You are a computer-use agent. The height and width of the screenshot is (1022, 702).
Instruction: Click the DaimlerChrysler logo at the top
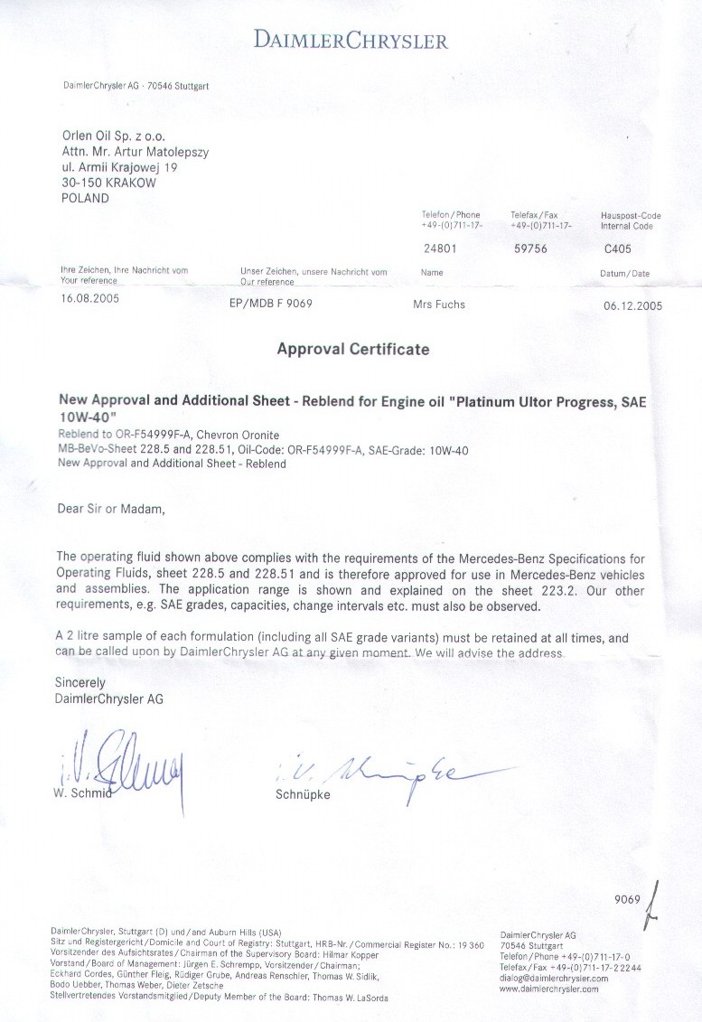[351, 41]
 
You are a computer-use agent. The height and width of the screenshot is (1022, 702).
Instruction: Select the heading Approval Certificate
[352, 349]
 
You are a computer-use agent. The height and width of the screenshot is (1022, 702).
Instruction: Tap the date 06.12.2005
[632, 305]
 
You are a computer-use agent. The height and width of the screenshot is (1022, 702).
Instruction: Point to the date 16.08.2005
[89, 297]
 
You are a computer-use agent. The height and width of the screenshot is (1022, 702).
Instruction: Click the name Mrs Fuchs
[439, 305]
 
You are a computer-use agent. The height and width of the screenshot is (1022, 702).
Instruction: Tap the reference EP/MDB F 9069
[271, 305]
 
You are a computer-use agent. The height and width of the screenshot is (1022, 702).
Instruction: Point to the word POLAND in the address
[85, 198]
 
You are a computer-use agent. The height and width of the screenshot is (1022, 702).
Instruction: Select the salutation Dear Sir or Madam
[111, 509]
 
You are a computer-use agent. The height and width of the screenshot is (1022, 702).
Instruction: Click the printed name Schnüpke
[302, 795]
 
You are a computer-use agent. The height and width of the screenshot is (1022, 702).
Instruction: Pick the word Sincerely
[80, 682]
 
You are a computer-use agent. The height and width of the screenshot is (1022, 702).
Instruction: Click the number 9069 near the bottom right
[626, 899]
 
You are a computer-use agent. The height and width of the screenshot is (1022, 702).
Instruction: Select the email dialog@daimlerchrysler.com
[554, 978]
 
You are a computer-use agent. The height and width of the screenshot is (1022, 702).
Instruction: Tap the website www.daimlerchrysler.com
[548, 989]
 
